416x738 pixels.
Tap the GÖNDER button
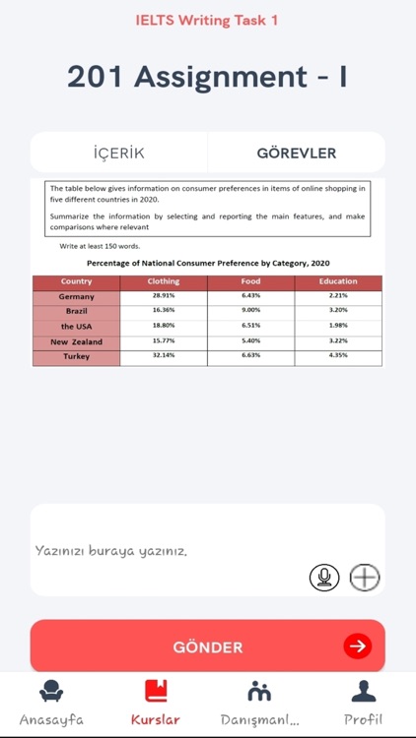pos(207,646)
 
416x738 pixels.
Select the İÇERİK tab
pos(118,154)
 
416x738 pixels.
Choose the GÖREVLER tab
pos(296,154)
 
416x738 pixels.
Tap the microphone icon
pos(324,578)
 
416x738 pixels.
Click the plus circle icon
pos(365,578)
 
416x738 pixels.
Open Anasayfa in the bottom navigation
pos(51,703)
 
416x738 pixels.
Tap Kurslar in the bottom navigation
pos(156,703)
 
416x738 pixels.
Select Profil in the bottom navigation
pos(364,703)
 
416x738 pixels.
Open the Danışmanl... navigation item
pos(260,703)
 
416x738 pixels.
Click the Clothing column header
pos(164,281)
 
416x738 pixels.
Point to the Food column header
pos(250,281)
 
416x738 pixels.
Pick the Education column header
pos(338,281)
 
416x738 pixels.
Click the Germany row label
pos(76,296)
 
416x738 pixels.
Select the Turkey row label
pos(76,356)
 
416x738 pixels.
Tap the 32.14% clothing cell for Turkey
pos(164,356)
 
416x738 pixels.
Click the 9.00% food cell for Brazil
pos(250,311)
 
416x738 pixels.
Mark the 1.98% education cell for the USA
pos(338,326)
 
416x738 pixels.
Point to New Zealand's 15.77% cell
pos(164,341)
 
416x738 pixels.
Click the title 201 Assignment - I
pos(207,76)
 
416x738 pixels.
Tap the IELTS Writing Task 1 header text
pos(207,20)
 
